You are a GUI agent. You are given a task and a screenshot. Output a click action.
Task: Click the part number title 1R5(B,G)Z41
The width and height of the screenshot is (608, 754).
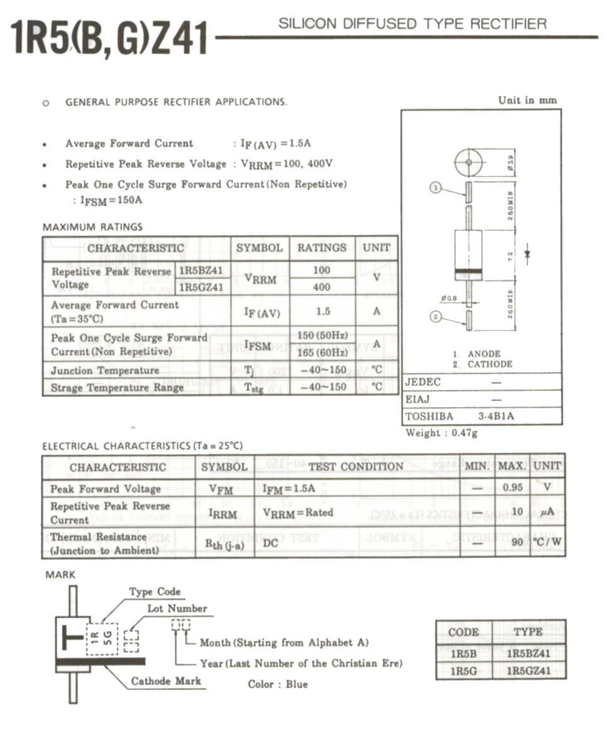pyautogui.click(x=108, y=39)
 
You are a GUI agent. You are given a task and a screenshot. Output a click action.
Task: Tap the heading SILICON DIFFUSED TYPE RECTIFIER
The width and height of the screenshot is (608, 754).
pyautogui.click(x=412, y=25)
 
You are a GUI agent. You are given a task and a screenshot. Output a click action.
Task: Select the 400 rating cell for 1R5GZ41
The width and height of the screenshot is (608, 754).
pyautogui.click(x=321, y=287)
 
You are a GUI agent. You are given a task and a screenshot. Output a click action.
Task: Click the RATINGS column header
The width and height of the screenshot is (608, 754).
pyautogui.click(x=322, y=248)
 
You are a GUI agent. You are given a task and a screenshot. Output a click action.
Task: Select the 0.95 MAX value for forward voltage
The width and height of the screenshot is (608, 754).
pyautogui.click(x=513, y=488)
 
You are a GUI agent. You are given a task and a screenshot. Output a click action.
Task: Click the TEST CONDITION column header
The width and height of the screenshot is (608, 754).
pyautogui.click(x=356, y=466)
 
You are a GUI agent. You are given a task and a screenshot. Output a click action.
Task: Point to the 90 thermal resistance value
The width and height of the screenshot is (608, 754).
pyautogui.click(x=517, y=542)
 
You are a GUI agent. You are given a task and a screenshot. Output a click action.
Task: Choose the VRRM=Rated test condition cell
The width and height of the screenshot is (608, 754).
pyautogui.click(x=298, y=513)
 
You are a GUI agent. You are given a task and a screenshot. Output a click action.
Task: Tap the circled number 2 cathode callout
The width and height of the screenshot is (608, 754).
pyautogui.click(x=436, y=317)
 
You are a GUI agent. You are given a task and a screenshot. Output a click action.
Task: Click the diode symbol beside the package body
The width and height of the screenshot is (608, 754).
pyautogui.click(x=528, y=254)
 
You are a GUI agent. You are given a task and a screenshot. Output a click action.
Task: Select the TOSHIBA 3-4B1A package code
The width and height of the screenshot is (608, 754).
pyautogui.click(x=459, y=416)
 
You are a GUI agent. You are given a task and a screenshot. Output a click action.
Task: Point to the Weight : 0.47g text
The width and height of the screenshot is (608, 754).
pyautogui.click(x=441, y=433)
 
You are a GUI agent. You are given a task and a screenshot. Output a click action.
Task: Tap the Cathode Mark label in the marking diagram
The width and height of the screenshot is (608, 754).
pyautogui.click(x=166, y=681)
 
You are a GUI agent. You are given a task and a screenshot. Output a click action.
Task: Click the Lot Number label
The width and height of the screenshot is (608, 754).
pyautogui.click(x=177, y=608)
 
